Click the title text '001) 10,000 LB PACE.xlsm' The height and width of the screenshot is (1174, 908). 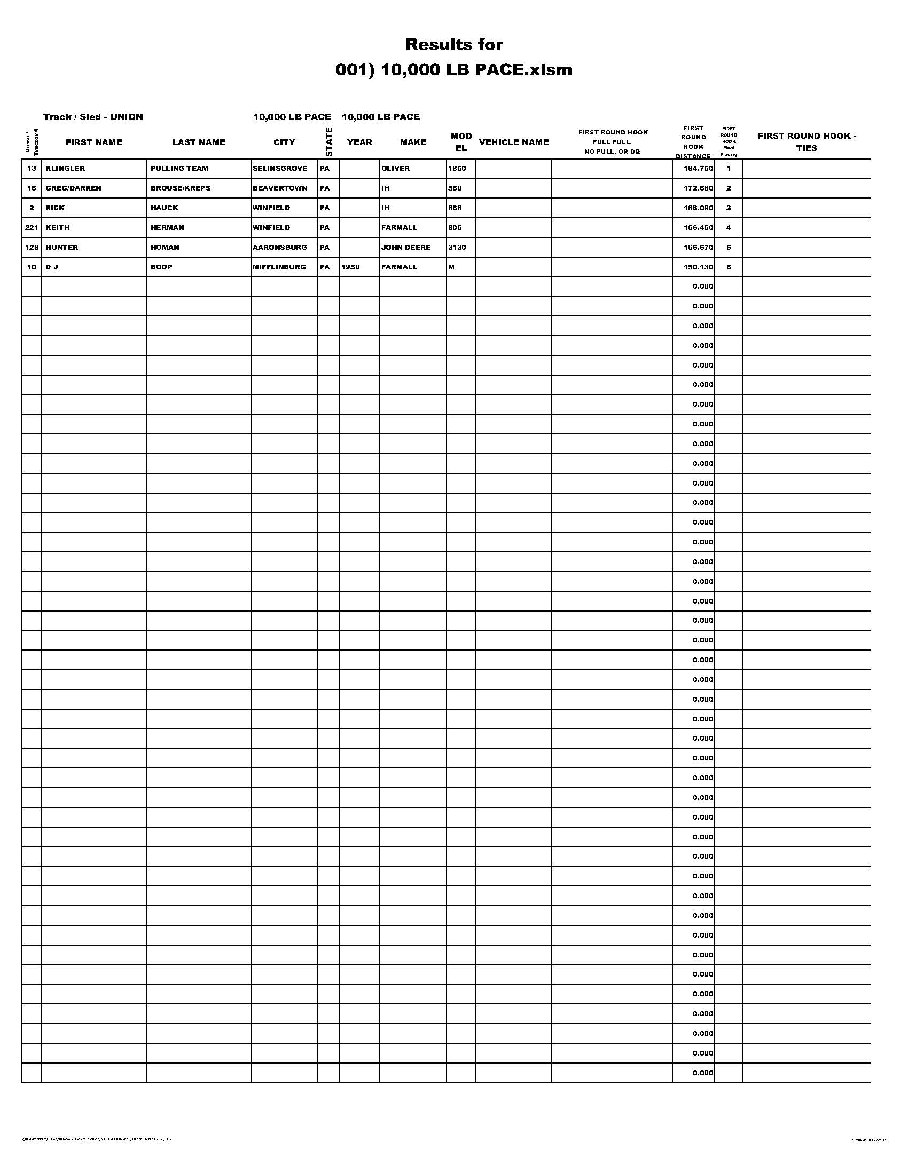click(x=453, y=70)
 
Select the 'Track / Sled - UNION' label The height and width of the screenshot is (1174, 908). click(x=93, y=117)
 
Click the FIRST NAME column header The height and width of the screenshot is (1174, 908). click(x=93, y=142)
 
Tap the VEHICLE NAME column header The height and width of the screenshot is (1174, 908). click(x=514, y=142)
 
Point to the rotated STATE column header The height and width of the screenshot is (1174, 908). click(x=328, y=142)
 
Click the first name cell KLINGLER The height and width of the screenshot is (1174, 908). click(x=65, y=169)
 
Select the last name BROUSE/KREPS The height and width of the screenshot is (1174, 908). click(x=180, y=188)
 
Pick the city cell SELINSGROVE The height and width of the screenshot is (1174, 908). click(x=280, y=169)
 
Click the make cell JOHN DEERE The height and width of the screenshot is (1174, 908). click(x=406, y=248)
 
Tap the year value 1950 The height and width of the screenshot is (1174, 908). click(x=350, y=267)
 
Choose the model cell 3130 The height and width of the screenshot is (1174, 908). click(x=457, y=248)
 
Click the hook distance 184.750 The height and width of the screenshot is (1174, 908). click(x=698, y=169)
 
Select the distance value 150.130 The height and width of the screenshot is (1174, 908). click(x=698, y=267)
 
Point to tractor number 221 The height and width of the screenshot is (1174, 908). click(x=32, y=228)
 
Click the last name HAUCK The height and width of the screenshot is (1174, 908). click(x=164, y=208)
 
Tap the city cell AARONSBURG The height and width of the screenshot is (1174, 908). click(x=280, y=248)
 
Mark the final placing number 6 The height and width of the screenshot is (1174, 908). click(x=729, y=267)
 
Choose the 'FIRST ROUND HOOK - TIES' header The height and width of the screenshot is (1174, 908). click(x=807, y=142)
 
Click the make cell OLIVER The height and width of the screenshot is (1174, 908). click(x=395, y=169)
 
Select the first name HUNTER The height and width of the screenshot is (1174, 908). click(x=62, y=248)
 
